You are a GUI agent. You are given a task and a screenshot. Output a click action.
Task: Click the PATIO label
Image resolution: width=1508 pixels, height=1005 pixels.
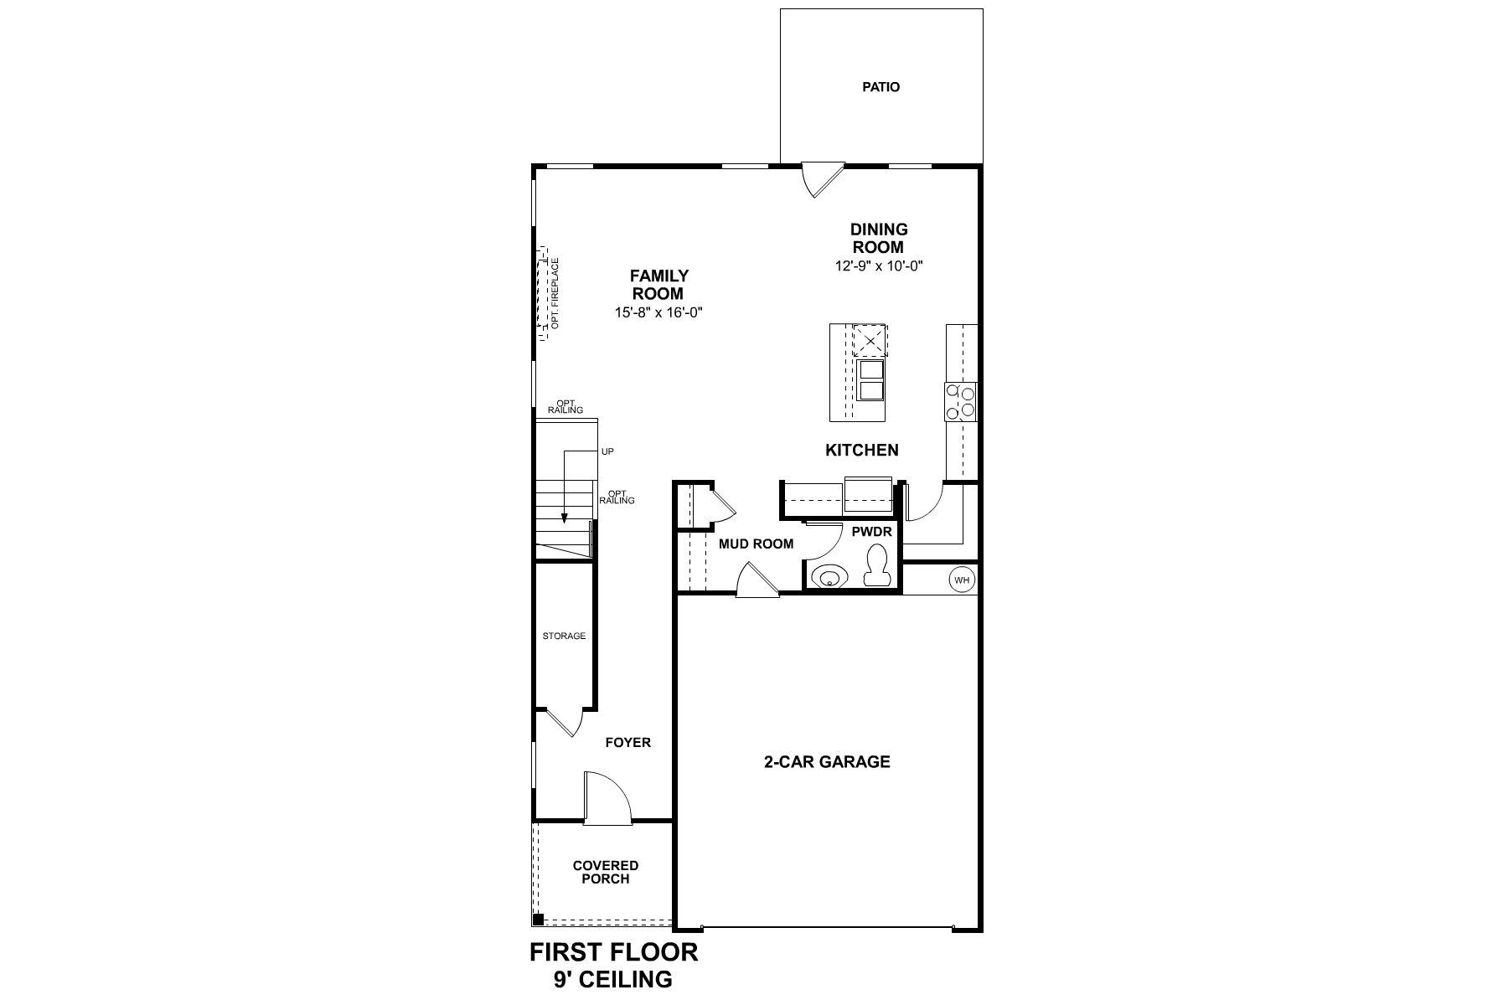pos(881,87)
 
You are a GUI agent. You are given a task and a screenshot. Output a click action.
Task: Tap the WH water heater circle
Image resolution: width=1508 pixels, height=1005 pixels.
pos(962,579)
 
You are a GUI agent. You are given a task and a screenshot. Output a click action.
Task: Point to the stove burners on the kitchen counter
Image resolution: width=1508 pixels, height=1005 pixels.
pos(961,400)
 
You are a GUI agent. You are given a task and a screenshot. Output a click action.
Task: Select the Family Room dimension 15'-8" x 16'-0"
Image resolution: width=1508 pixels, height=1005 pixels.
pos(658,312)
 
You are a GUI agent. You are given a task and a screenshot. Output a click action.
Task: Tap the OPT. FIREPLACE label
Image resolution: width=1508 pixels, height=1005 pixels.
pos(555,294)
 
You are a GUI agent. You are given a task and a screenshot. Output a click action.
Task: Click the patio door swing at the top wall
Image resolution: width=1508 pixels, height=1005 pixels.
pos(819,178)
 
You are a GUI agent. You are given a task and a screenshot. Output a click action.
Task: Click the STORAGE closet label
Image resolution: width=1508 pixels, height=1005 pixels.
pos(564,636)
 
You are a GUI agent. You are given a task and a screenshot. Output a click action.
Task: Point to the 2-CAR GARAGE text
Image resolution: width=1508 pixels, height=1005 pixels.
pos(826,762)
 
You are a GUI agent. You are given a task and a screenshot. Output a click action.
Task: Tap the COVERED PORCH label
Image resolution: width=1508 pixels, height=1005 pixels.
pos(605,872)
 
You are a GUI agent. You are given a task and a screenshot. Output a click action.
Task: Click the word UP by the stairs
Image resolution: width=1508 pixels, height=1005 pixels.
pos(607,452)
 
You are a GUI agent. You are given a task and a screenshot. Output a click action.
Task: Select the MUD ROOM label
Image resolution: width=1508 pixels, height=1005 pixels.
pos(756,544)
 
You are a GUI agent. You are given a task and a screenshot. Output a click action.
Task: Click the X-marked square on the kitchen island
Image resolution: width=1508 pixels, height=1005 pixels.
pos(870,342)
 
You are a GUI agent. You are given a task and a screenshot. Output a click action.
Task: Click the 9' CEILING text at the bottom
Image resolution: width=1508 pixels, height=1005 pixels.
pos(612,979)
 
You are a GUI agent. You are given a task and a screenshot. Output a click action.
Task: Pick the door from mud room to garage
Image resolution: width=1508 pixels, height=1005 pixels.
pos(756,580)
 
